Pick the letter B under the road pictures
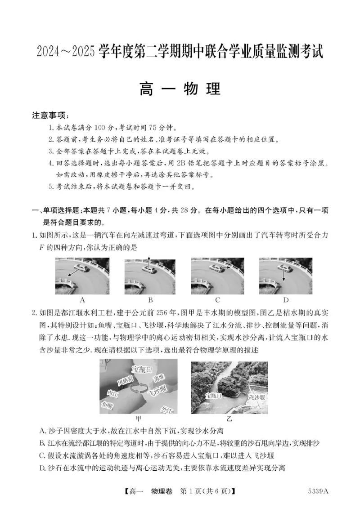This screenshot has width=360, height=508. click(x=151, y=300)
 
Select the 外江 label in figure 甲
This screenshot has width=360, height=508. click(x=166, y=409)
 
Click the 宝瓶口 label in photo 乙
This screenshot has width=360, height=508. click(x=213, y=396)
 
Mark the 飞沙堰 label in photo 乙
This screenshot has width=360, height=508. click(x=257, y=397)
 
